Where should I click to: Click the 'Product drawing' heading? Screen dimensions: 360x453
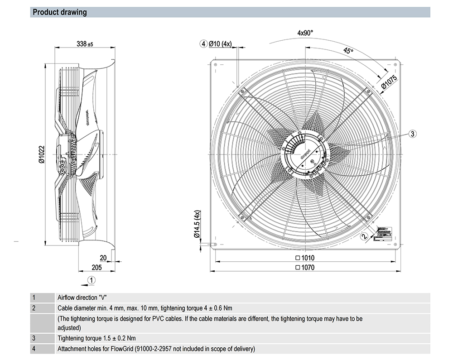[60, 12]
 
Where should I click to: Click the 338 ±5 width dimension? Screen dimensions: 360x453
[84, 44]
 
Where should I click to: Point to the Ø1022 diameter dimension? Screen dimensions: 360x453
[41, 154]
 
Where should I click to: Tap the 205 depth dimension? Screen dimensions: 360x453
[96, 267]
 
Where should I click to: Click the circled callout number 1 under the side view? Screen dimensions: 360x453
[92, 280]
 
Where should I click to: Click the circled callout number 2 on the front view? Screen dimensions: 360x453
[364, 236]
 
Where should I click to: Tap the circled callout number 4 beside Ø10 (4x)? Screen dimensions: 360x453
[204, 44]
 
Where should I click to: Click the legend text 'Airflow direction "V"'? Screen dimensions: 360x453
[82, 298]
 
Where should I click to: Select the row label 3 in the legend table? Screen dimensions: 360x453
[34, 338]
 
